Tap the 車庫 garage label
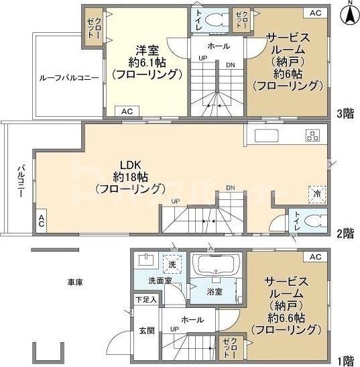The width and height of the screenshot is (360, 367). coord(75,282)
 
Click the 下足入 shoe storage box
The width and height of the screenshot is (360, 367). coord(145,299)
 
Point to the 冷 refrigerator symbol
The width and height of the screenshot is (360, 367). coord(314,193)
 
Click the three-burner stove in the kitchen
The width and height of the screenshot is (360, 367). coord(312,134)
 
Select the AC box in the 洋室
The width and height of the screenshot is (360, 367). coord(127,111)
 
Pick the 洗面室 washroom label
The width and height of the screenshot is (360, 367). coord(159,280)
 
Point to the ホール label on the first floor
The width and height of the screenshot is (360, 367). coord(193,320)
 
